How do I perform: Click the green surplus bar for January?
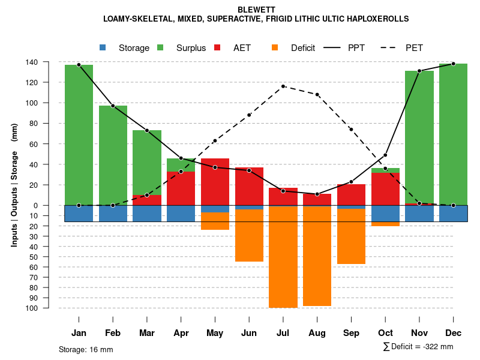[79, 135]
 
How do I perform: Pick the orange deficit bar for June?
[249, 235]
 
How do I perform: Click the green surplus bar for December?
[453, 134]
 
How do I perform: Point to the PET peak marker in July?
[283, 86]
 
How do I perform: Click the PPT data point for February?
[113, 106]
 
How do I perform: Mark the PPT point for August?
[317, 194]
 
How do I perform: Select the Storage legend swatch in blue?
[103, 47]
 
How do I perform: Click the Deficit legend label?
[303, 48]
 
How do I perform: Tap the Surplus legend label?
[191, 48]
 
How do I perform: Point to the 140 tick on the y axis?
[49, 62]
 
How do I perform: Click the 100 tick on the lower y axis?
[49, 308]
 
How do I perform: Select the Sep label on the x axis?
[351, 333]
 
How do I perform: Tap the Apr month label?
[181, 333]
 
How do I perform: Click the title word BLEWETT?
[256, 10]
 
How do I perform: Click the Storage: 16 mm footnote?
[86, 349]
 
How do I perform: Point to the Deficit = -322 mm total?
[418, 347]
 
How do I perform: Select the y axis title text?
[14, 185]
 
